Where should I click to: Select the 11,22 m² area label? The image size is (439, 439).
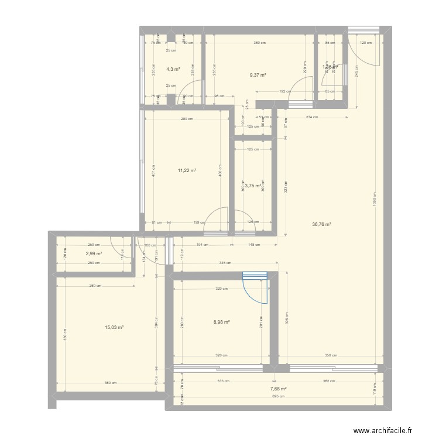coord(187,171)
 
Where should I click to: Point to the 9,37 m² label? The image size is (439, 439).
coord(258,75)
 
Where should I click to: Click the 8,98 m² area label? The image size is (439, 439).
coord(221,321)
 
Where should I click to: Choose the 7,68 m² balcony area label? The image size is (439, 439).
coord(278,388)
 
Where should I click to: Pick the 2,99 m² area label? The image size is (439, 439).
coord(94,253)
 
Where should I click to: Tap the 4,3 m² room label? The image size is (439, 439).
coord(173,69)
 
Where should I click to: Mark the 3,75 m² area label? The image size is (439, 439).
coord(252,186)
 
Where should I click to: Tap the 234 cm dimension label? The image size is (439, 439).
coord(311,117)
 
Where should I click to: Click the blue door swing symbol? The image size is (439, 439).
coord(255,287)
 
